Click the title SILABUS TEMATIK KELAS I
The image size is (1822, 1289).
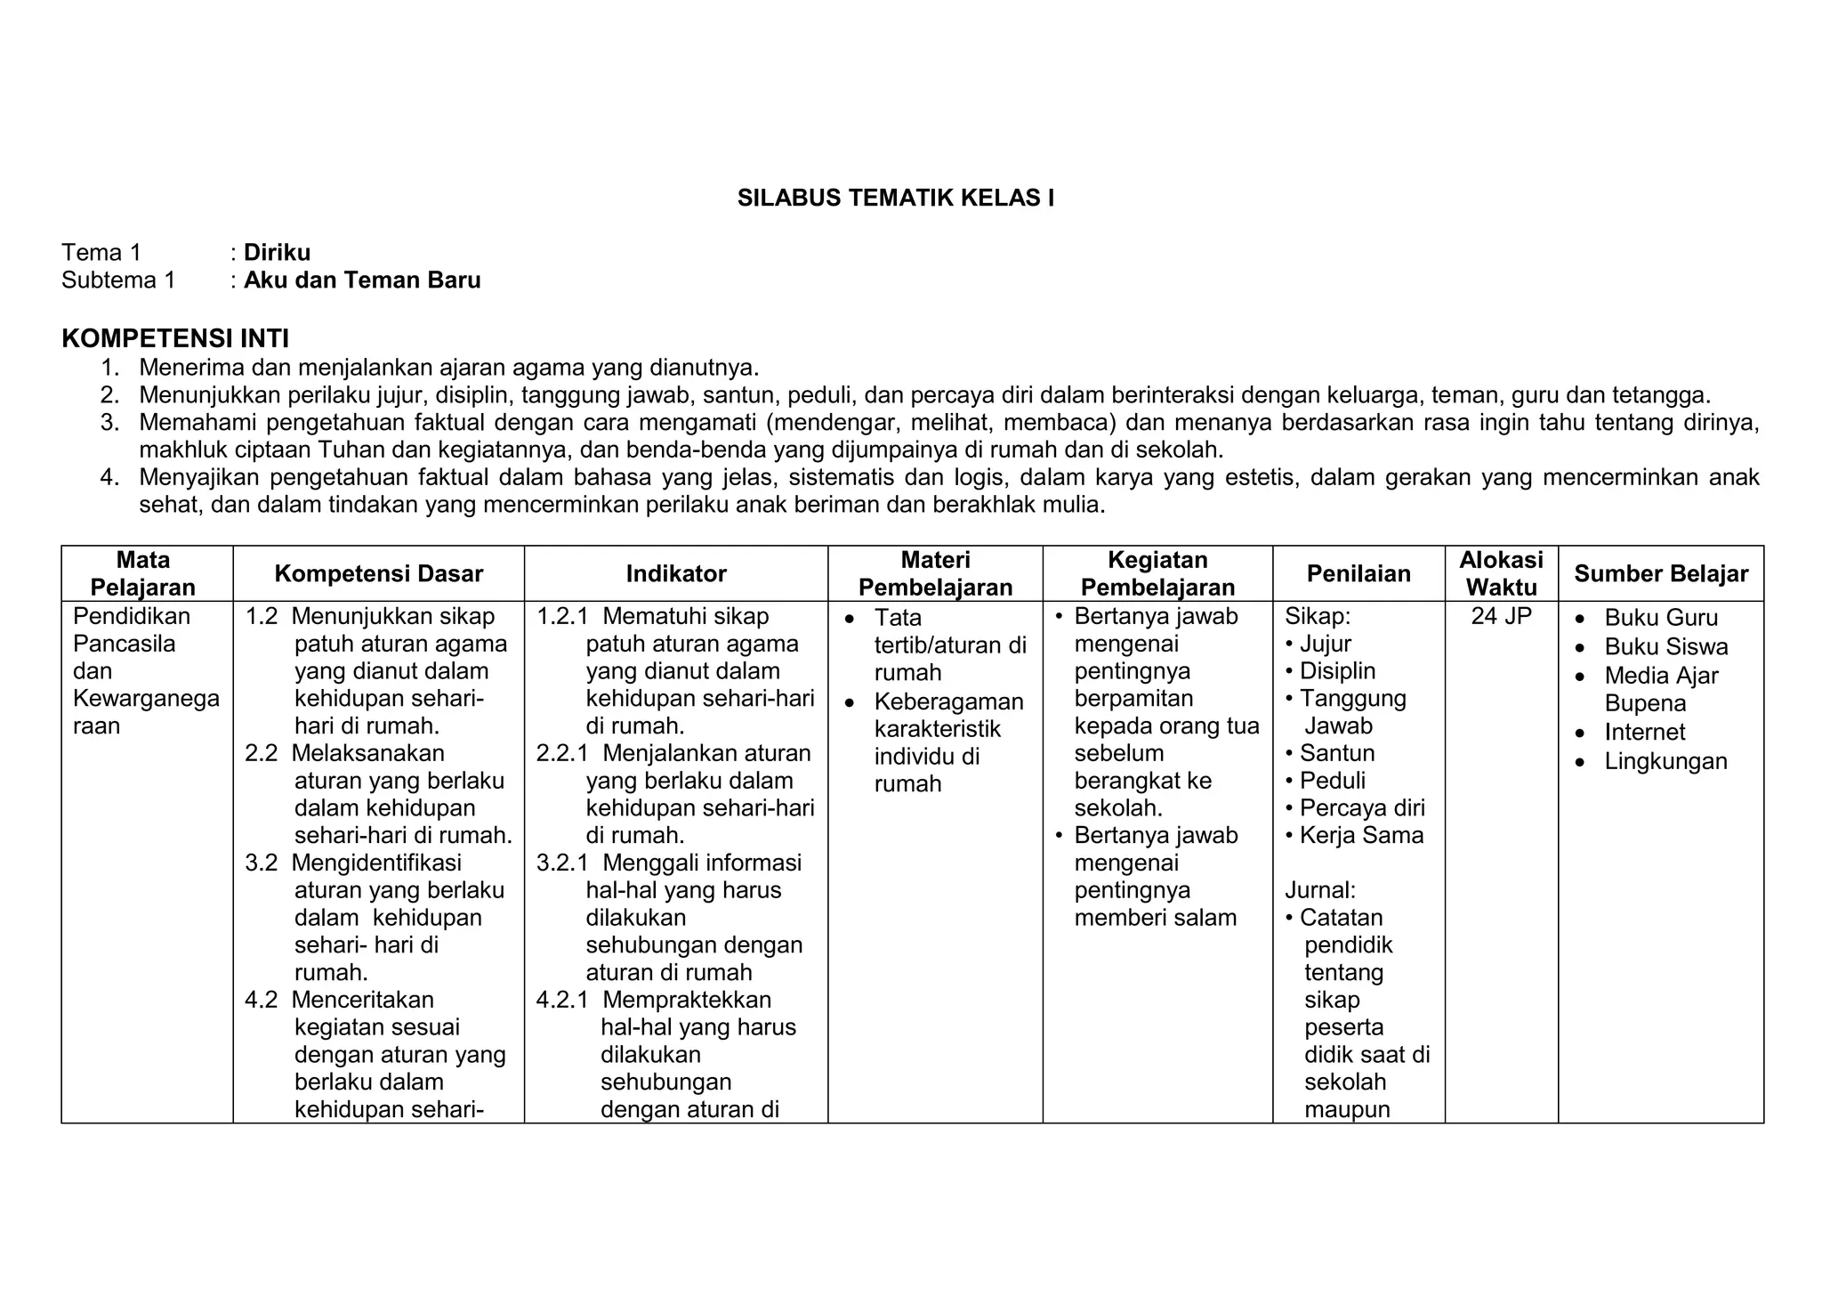point(895,198)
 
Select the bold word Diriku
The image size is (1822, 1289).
point(277,253)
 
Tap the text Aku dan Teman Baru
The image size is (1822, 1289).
point(362,280)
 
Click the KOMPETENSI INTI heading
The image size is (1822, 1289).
point(175,338)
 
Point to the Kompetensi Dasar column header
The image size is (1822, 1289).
point(378,574)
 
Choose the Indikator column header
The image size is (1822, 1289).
point(675,574)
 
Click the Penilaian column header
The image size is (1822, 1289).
point(1358,574)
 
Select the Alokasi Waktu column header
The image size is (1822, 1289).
point(1501,574)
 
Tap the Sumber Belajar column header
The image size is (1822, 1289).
point(1660,574)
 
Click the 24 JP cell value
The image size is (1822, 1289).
point(1501,616)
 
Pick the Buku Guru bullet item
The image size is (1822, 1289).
point(1660,618)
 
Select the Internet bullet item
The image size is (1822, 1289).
point(1644,733)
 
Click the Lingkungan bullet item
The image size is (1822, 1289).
point(1665,761)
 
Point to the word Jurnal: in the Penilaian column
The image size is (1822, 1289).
point(1320,890)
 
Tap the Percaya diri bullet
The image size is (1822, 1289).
point(1361,807)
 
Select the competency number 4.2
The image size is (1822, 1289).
point(261,1000)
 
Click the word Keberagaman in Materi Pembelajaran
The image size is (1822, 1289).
point(948,701)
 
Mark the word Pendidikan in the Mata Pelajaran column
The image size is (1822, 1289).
point(132,616)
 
